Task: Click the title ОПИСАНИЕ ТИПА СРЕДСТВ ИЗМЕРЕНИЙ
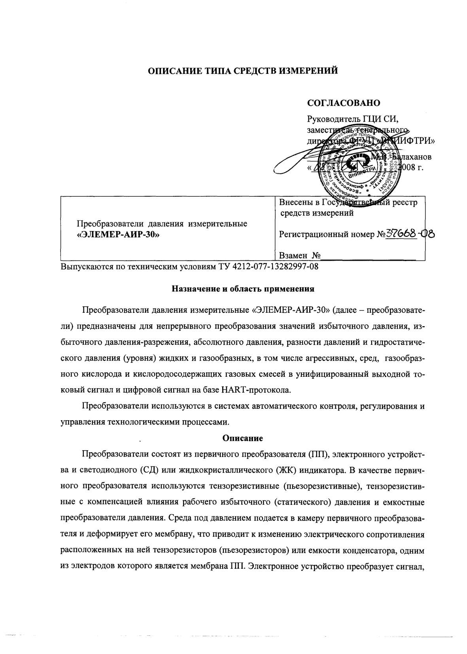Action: coord(243,71)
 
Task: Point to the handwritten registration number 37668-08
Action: coord(410,234)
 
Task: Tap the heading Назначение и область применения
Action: coord(243,289)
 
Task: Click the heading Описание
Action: coord(243,438)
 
